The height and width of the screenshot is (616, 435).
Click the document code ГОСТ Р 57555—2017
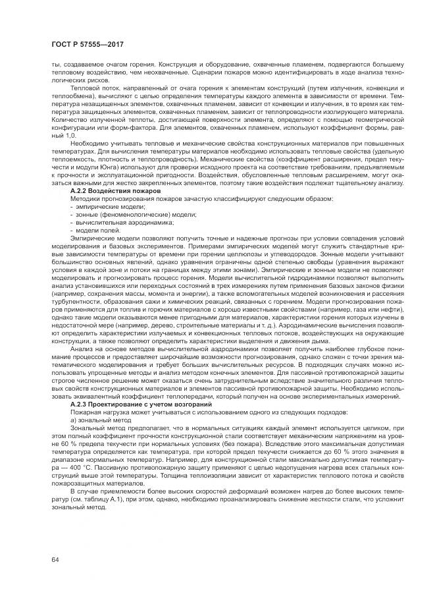pos(88,45)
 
